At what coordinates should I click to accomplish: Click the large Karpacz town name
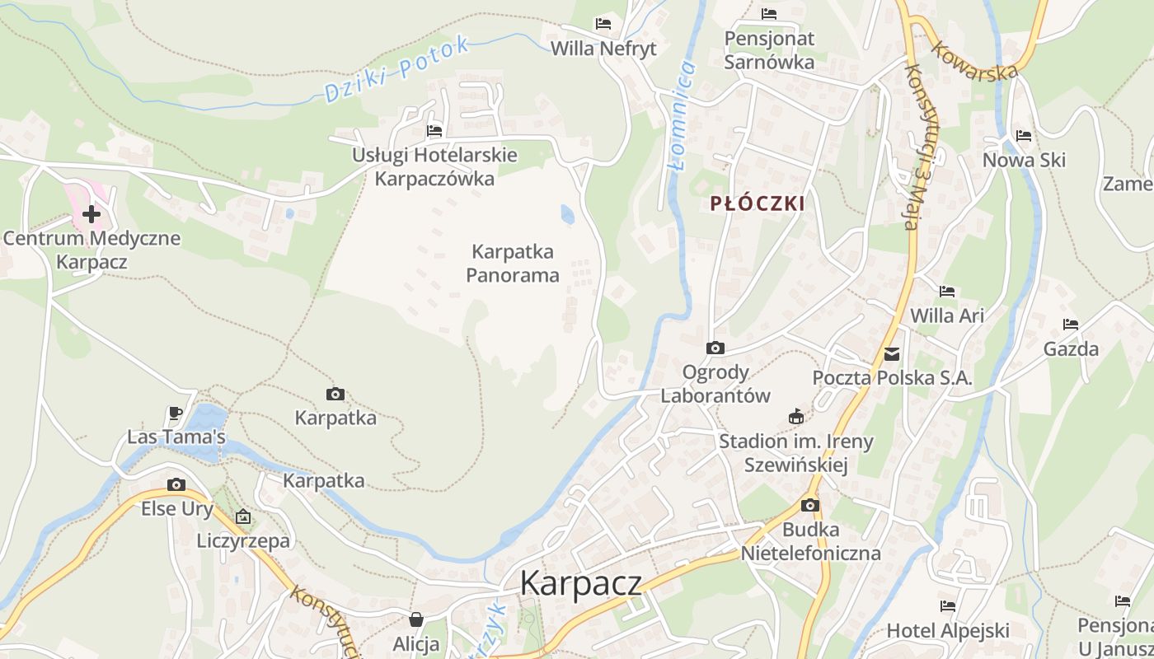click(580, 583)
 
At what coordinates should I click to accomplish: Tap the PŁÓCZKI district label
click(757, 203)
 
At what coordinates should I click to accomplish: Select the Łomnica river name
click(681, 115)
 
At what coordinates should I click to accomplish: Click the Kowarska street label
click(973, 60)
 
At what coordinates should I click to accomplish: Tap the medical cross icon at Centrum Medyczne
click(91, 215)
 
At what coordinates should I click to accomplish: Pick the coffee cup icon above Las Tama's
click(174, 413)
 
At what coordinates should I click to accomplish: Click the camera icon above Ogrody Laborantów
click(715, 348)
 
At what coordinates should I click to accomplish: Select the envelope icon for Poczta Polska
click(892, 354)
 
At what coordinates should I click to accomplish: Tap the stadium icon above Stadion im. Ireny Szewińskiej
click(795, 417)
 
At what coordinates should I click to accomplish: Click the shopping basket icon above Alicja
click(417, 619)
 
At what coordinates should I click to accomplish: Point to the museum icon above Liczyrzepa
click(243, 517)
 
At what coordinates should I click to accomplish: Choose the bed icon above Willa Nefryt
click(603, 24)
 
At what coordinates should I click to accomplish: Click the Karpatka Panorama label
click(513, 263)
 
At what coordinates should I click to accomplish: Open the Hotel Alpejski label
click(948, 631)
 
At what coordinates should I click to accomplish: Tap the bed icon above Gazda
click(1071, 325)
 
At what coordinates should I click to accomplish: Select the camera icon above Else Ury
click(176, 484)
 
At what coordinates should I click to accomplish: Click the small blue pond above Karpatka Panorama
click(567, 215)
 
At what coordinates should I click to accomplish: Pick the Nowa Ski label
click(1024, 160)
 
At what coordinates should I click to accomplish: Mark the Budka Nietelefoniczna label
click(811, 541)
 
